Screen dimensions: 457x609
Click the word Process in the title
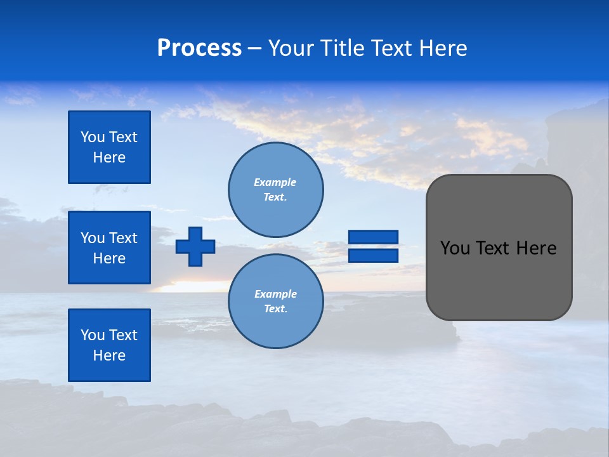click(199, 48)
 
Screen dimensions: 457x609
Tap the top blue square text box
click(109, 147)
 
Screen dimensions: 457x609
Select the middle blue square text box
click(109, 248)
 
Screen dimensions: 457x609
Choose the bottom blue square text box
click(109, 345)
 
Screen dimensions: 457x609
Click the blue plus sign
click(195, 246)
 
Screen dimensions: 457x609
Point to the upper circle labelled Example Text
click(276, 190)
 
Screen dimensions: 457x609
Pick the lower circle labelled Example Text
click(276, 301)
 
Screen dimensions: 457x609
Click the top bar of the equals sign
click(373, 237)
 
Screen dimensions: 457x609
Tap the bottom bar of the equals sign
click(373, 255)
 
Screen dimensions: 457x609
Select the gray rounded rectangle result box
click(499, 279)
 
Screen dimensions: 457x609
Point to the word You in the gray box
click(454, 248)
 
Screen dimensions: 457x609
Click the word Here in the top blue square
click(109, 157)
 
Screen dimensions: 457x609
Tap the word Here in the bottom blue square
click(109, 355)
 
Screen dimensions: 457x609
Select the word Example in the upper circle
click(275, 182)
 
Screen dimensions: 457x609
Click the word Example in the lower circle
click(275, 294)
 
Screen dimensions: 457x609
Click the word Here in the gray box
click(536, 248)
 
